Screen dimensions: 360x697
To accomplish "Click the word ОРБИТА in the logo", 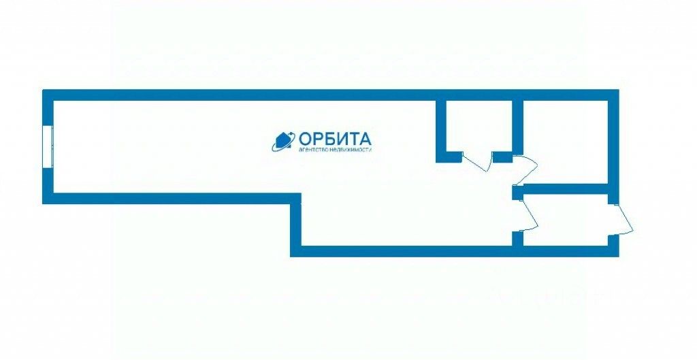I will (x=335, y=137).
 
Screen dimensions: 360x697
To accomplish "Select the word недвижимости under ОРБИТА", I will (x=351, y=150).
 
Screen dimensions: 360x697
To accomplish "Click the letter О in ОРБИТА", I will (x=306, y=137).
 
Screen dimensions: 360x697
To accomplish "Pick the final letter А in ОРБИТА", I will (x=366, y=137).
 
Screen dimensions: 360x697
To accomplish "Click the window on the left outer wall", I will (x=48, y=145).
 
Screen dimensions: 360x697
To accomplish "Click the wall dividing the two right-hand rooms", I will (x=565, y=188).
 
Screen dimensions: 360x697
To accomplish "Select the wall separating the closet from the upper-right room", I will (x=517, y=126).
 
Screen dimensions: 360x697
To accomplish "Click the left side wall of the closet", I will (x=440, y=126).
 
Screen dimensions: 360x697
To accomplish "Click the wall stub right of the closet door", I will (x=502, y=157).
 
